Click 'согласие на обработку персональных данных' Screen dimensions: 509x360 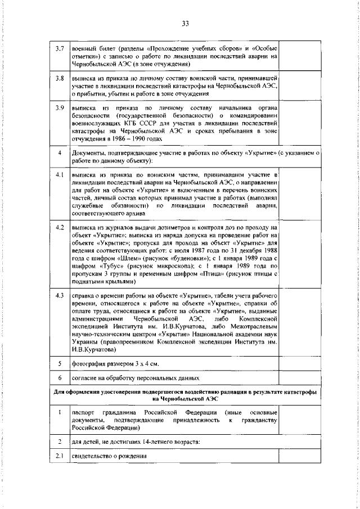pos(135,377)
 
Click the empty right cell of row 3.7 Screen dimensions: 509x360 pos(299,56)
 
